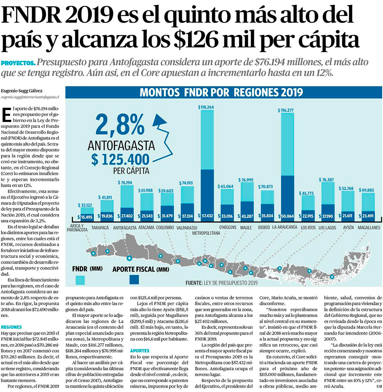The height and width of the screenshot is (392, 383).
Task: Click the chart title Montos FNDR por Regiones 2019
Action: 221,93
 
